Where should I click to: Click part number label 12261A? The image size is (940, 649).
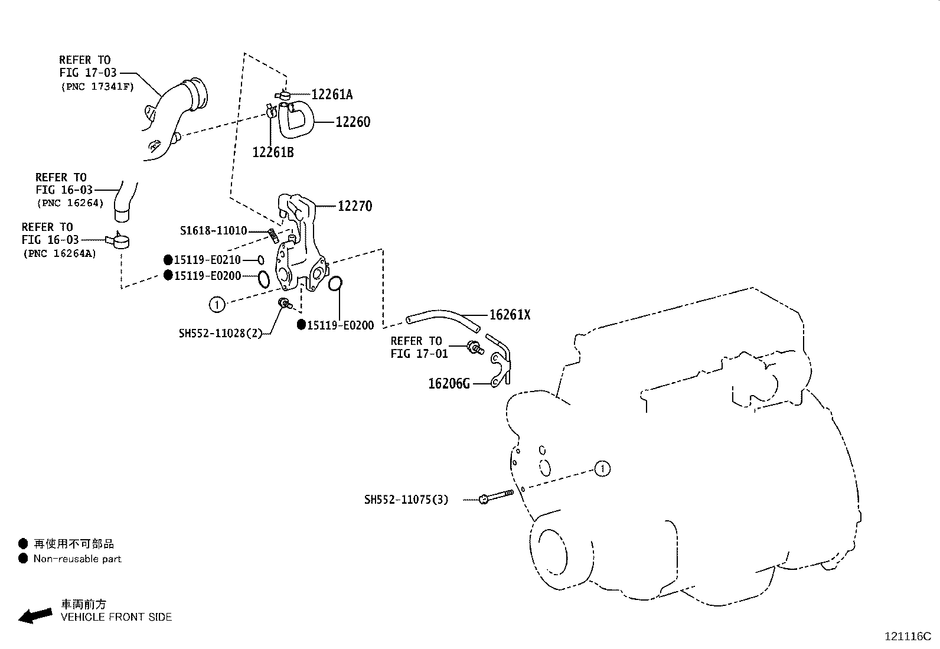click(x=332, y=94)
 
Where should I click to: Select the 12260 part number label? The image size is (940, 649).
click(x=353, y=122)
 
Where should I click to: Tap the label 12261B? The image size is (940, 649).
click(x=273, y=152)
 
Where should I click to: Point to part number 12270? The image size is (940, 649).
click(x=355, y=206)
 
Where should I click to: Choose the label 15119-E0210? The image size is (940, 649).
click(x=207, y=260)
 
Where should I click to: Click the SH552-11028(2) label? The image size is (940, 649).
click(x=220, y=333)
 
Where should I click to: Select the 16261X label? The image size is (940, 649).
click(x=510, y=315)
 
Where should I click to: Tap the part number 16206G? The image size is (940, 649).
click(x=449, y=384)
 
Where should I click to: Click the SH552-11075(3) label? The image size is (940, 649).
click(x=406, y=500)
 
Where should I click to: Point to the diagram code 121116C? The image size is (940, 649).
click(x=907, y=637)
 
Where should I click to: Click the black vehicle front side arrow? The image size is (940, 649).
click(x=35, y=615)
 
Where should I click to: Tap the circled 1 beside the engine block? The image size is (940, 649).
click(x=602, y=469)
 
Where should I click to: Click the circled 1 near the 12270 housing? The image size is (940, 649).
click(x=217, y=305)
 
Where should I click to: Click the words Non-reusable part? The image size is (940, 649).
click(x=77, y=559)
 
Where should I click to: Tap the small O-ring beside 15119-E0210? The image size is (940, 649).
click(x=260, y=260)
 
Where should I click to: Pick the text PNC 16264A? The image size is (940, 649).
click(x=60, y=254)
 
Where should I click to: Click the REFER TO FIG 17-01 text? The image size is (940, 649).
click(x=419, y=347)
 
